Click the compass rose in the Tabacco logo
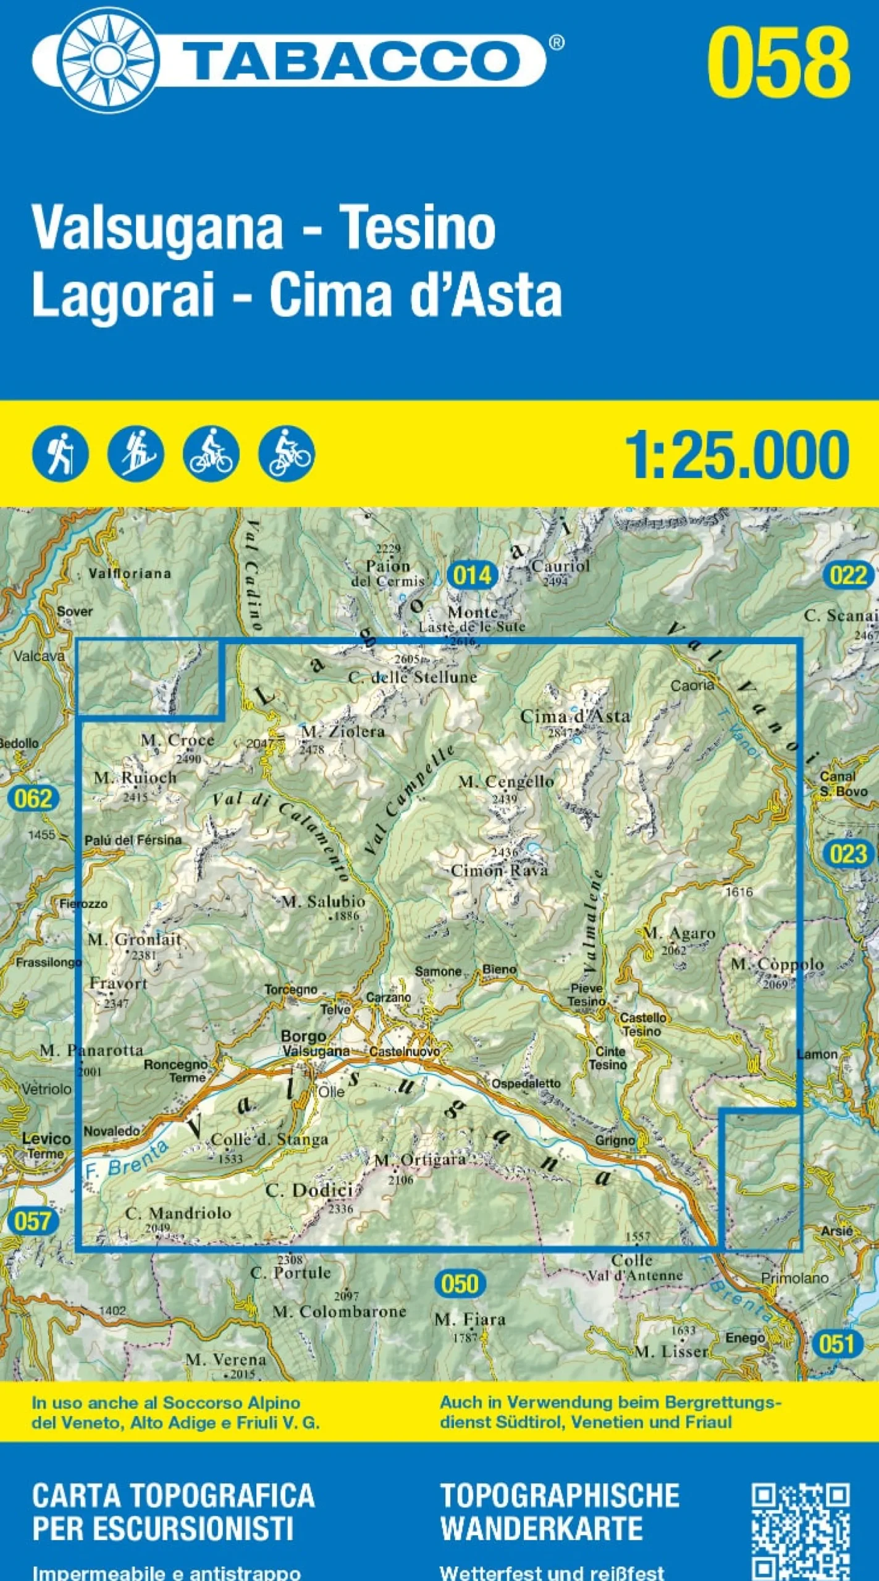click(109, 60)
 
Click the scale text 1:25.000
click(737, 456)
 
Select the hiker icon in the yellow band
click(61, 454)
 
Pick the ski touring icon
click(135, 454)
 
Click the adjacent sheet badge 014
click(472, 576)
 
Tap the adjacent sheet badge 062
click(33, 799)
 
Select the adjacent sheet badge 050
click(460, 1267)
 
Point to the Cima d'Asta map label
click(575, 716)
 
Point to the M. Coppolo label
click(777, 965)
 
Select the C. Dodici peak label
click(309, 1190)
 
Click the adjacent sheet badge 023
click(848, 854)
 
